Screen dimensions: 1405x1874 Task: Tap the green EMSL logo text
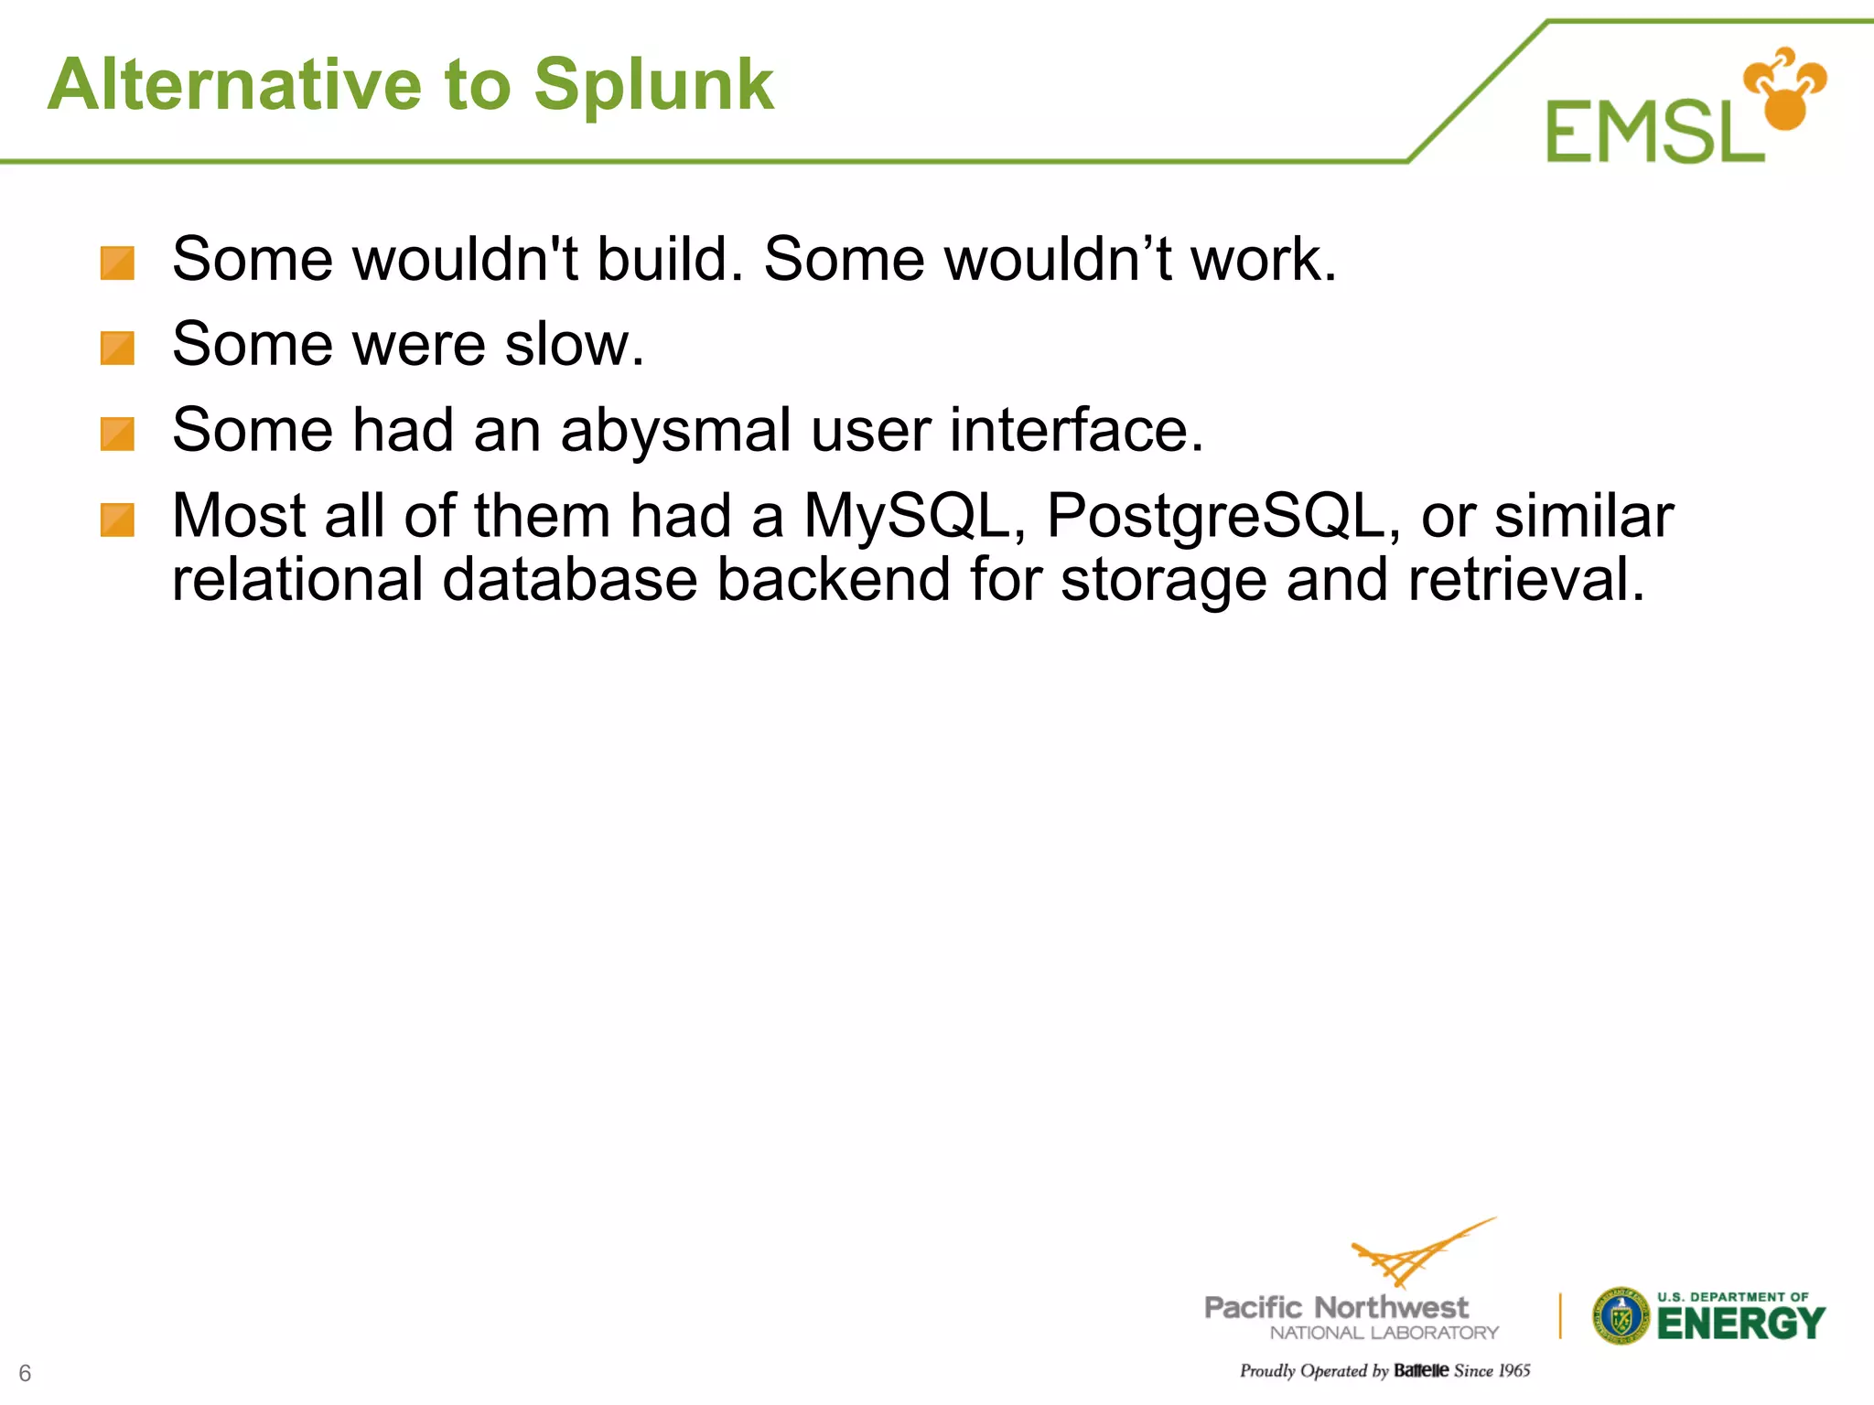(1653, 133)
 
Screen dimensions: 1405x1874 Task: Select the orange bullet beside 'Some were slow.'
(117, 349)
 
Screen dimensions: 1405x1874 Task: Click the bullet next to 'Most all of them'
(117, 520)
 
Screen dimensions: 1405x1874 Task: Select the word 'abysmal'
(675, 431)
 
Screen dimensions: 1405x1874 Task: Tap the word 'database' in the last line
(569, 580)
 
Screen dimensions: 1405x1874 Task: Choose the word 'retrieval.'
(1526, 580)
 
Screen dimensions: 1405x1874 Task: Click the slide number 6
(25, 1373)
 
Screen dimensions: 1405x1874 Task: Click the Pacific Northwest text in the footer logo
(1336, 1307)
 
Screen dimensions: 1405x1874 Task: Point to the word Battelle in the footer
(1420, 1370)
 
